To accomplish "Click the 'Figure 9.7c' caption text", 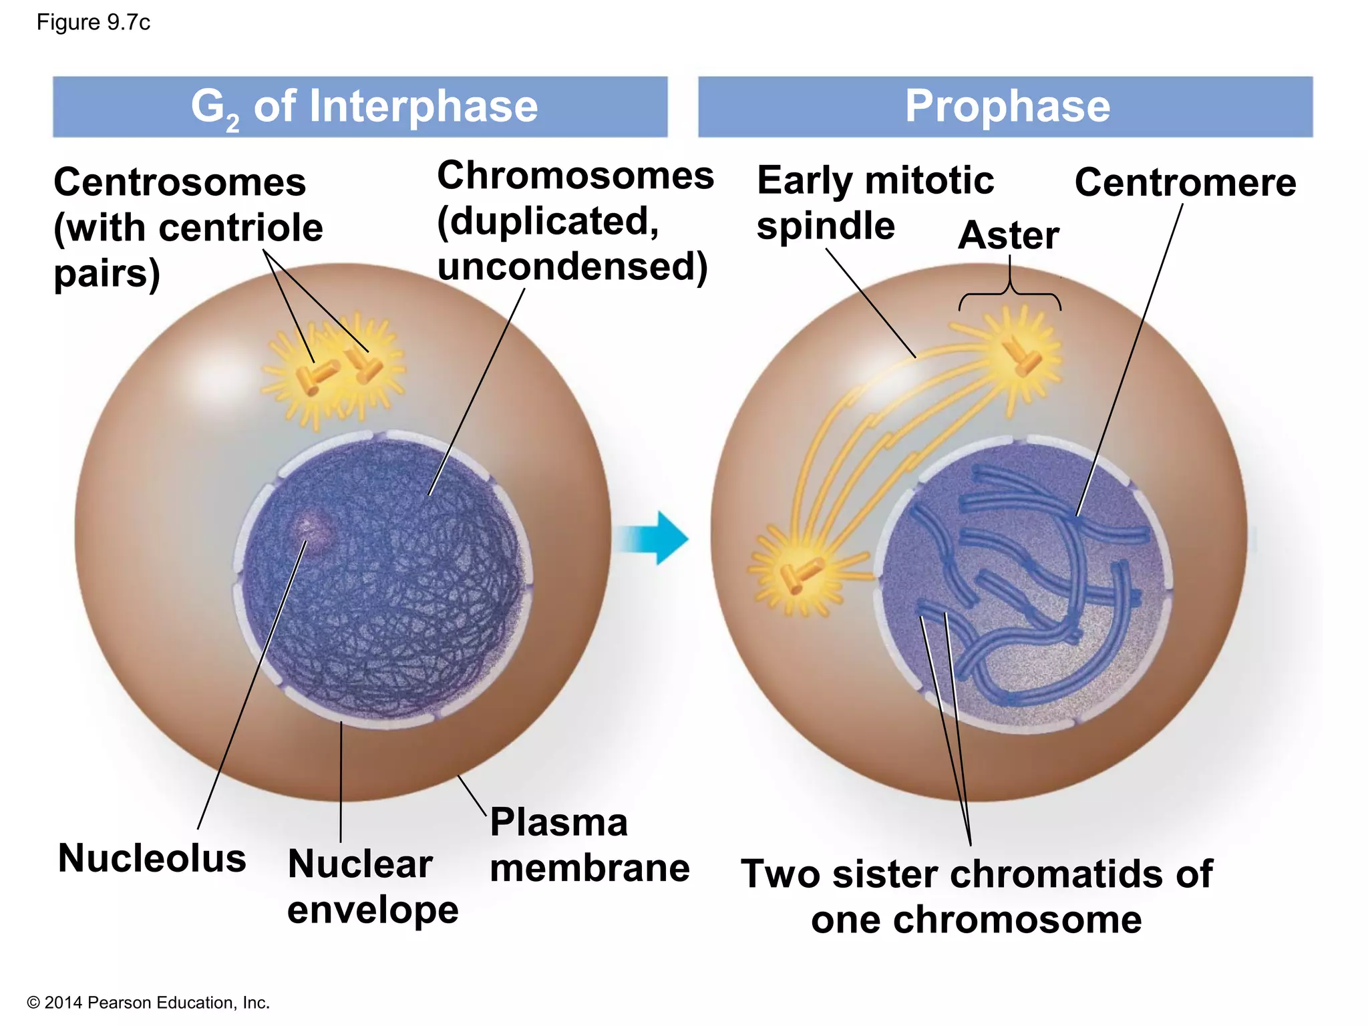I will (93, 23).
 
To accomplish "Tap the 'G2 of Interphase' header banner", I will (361, 107).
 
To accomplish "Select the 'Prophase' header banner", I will (1005, 107).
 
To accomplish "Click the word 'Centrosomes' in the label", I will (180, 182).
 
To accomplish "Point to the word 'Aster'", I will (1008, 235).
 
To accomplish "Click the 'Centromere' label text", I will (1185, 182).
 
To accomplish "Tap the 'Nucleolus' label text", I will (152, 858).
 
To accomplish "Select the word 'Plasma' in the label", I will (558, 822).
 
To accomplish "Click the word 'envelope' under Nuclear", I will (373, 910).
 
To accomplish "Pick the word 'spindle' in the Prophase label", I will (826, 226).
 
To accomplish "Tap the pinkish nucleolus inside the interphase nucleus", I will (309, 528).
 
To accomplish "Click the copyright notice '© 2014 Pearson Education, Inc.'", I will (148, 1003).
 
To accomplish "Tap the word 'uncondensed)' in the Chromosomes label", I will (572, 267).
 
